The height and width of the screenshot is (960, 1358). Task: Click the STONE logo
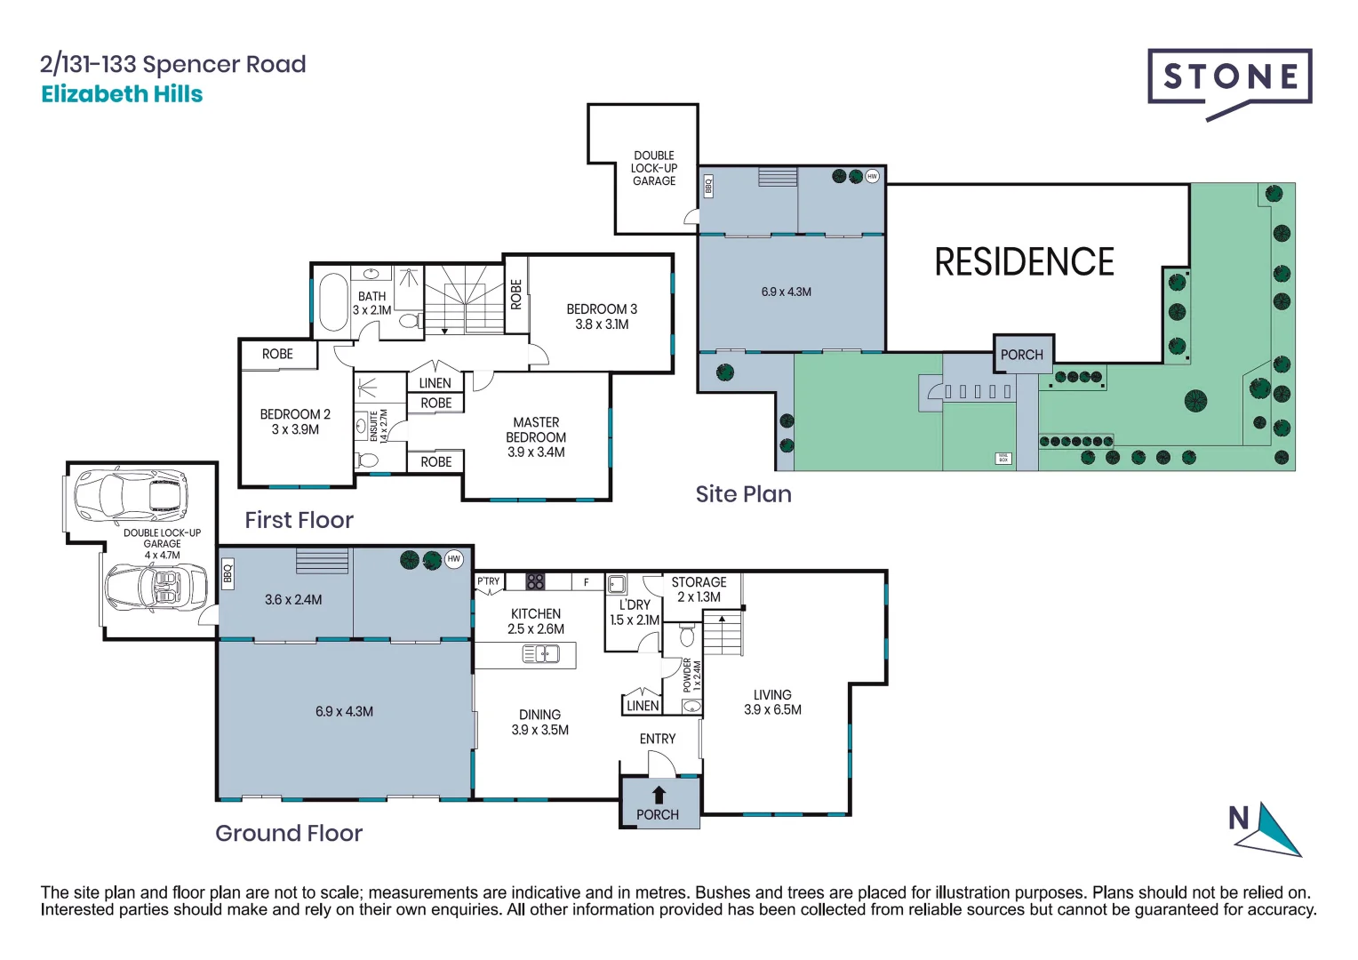[1229, 78]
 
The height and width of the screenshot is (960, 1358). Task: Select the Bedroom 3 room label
[602, 316]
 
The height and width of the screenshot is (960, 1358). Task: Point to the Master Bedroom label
[536, 437]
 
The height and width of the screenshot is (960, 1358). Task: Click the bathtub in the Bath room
[333, 302]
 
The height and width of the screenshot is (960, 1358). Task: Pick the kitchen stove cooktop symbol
[535, 582]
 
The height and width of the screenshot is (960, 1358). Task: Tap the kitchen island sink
[540, 655]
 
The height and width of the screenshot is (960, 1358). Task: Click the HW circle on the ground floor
[454, 559]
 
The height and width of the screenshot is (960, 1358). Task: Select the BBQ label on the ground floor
[228, 573]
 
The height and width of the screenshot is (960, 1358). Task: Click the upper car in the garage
[132, 498]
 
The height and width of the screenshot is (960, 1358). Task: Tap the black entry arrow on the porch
[659, 795]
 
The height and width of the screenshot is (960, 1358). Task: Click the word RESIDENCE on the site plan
[1024, 262]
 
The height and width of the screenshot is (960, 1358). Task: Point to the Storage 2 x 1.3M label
[699, 589]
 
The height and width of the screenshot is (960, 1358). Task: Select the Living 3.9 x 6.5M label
[772, 702]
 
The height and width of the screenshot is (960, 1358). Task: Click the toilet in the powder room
[687, 636]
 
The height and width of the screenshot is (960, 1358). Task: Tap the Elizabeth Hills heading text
[122, 94]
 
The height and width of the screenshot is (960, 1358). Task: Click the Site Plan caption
[743, 494]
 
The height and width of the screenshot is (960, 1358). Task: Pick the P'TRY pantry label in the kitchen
[489, 582]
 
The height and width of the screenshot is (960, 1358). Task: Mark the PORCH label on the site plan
[1022, 355]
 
